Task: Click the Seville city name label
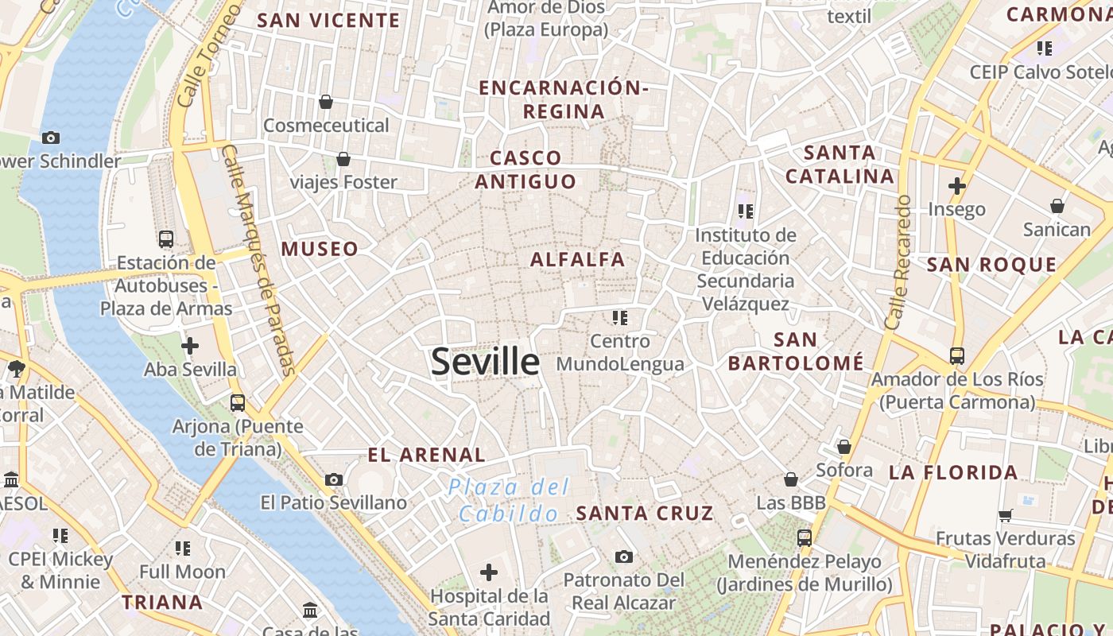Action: click(485, 362)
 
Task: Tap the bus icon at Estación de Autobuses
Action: click(166, 238)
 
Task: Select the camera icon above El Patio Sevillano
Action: click(334, 479)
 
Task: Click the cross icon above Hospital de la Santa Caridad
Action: click(489, 572)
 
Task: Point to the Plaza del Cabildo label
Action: click(509, 500)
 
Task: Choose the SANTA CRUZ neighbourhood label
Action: click(645, 514)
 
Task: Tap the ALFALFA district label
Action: click(577, 259)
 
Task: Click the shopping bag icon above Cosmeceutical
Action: click(326, 102)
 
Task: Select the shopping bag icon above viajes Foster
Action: click(343, 159)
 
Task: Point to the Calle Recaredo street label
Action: click(898, 262)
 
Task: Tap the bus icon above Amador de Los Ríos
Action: click(957, 355)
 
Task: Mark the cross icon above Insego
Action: click(957, 187)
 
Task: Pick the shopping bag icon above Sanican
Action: click(1057, 207)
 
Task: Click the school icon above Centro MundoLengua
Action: click(620, 318)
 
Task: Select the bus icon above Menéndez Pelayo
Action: click(804, 537)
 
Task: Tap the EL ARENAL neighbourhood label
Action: click(426, 455)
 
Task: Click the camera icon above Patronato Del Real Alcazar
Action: click(624, 556)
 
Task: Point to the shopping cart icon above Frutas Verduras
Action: click(1006, 515)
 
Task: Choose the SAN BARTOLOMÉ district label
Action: click(796, 351)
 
